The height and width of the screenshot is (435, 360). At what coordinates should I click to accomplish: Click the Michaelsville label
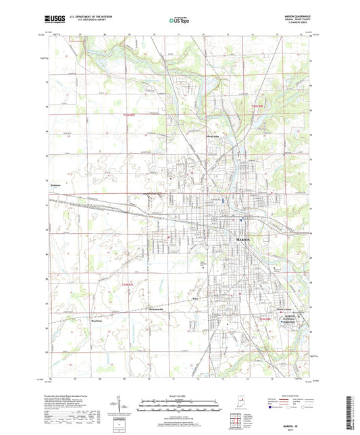157,309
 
